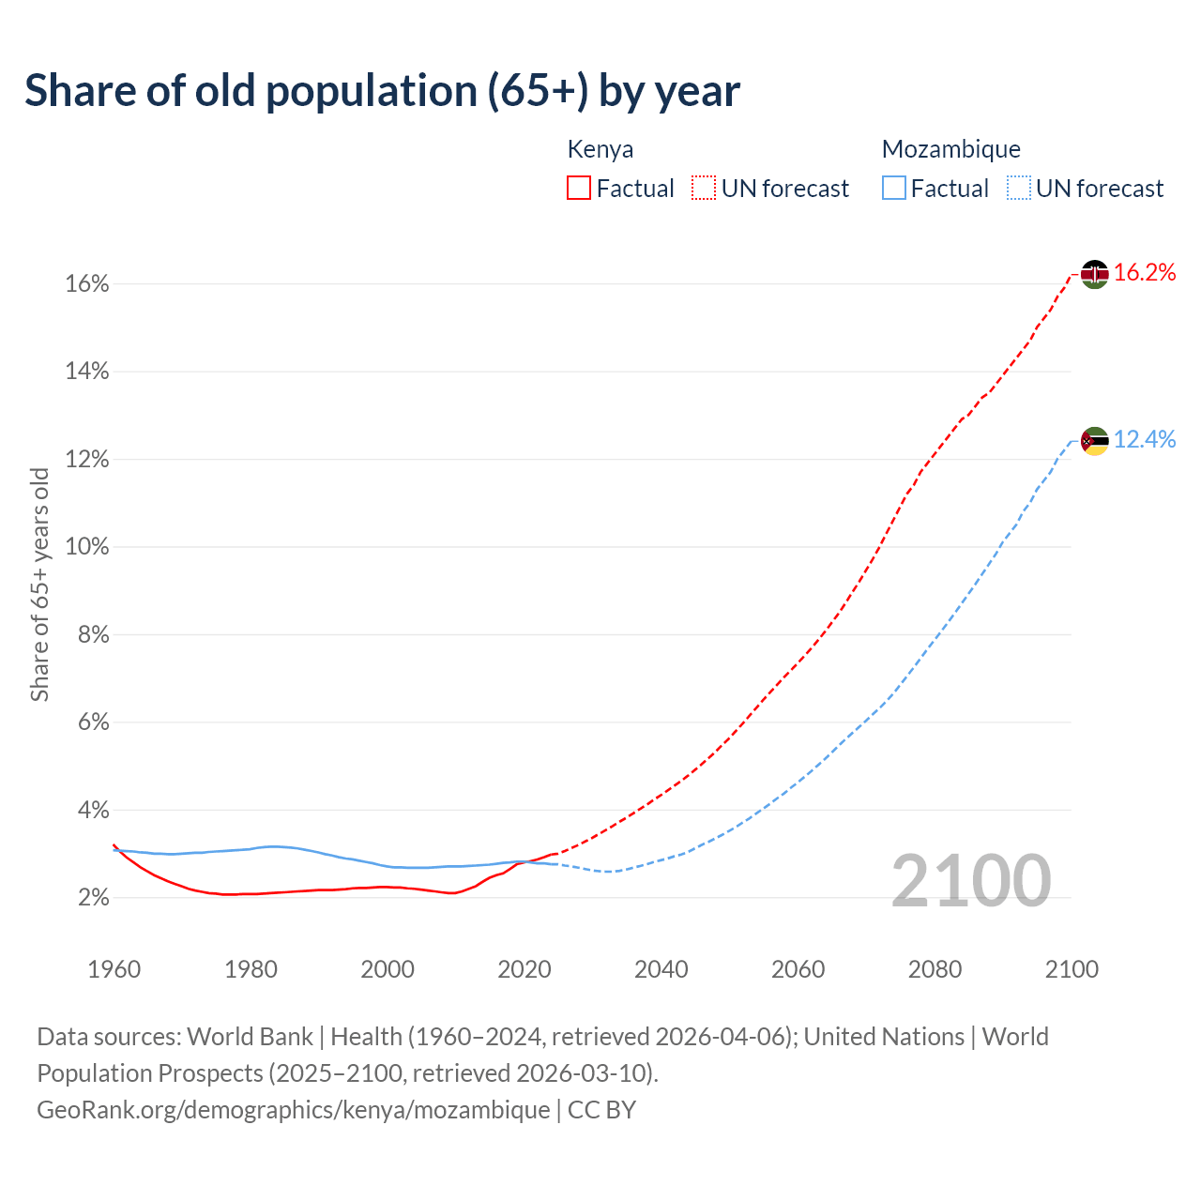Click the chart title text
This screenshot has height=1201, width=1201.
[382, 91]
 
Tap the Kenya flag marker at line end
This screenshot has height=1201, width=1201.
[1094, 274]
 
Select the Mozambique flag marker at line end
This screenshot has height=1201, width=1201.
[1094, 440]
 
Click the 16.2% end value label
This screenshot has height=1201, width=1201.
[1145, 273]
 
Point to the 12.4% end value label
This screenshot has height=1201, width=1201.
[1145, 439]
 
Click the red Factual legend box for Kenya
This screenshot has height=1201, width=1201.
[579, 189]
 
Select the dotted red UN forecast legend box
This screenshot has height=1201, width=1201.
[704, 189]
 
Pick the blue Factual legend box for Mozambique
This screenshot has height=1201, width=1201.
[893, 189]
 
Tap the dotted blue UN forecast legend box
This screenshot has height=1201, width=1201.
[1018, 189]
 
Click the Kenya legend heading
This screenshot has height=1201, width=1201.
[600, 149]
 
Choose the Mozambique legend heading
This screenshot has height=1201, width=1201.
[950, 149]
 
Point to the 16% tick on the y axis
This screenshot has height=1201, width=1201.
[87, 284]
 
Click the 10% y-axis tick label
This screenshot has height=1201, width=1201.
[87, 547]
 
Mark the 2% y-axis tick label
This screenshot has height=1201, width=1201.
[93, 898]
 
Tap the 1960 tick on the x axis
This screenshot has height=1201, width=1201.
[114, 969]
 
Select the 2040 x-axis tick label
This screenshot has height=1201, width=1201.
[661, 969]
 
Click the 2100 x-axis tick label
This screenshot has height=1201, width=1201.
[1072, 969]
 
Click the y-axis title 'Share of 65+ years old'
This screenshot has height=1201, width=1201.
[39, 584]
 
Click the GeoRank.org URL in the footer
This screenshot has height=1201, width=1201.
[293, 1110]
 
